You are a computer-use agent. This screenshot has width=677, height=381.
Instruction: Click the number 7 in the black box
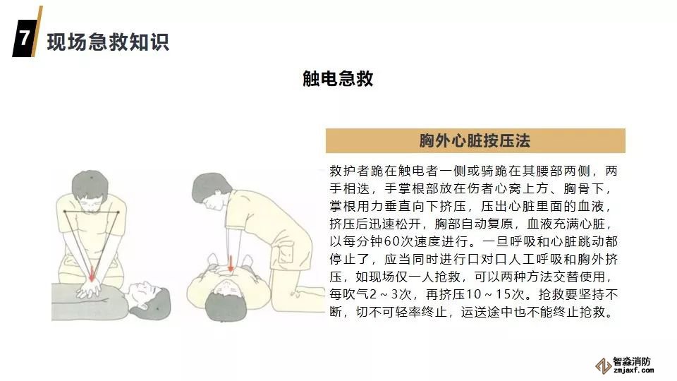pos(24,37)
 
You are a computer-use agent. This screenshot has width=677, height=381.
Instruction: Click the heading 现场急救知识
pos(108,42)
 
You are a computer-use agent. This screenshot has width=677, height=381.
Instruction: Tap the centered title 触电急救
pos(338,78)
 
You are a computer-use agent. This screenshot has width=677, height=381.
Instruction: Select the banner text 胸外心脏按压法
pos(475,141)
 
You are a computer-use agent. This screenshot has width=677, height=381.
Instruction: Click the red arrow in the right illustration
pos(231,263)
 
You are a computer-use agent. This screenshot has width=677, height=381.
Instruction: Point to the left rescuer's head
pos(90,189)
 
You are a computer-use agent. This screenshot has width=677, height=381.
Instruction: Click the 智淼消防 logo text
pos(631,362)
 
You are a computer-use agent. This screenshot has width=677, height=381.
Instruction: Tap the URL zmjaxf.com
pos(633,370)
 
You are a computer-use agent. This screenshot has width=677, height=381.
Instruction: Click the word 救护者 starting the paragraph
pos(350,171)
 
